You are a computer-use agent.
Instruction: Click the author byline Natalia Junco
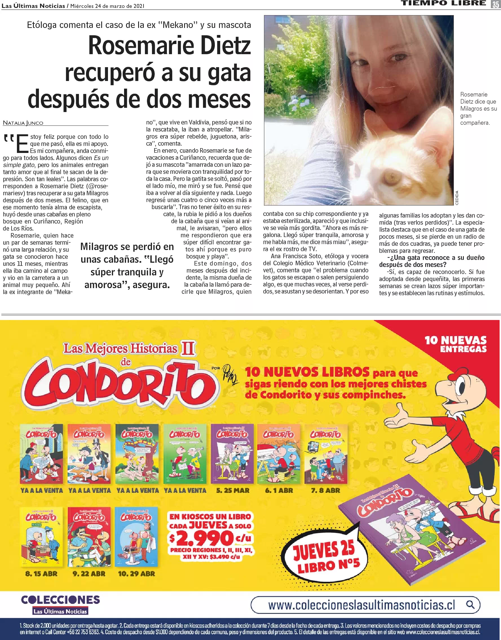point(23,123)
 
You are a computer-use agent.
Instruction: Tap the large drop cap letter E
point(22,144)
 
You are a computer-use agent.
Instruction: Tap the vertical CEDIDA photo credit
point(457,198)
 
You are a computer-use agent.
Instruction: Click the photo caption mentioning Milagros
point(478,108)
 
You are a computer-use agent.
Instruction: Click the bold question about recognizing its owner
point(431,261)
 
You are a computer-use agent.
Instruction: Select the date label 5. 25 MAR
point(233,490)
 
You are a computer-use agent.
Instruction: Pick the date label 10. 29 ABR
point(136,573)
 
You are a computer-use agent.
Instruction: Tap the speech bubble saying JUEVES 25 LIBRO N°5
point(326,558)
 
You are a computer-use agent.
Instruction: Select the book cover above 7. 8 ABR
point(325,453)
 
